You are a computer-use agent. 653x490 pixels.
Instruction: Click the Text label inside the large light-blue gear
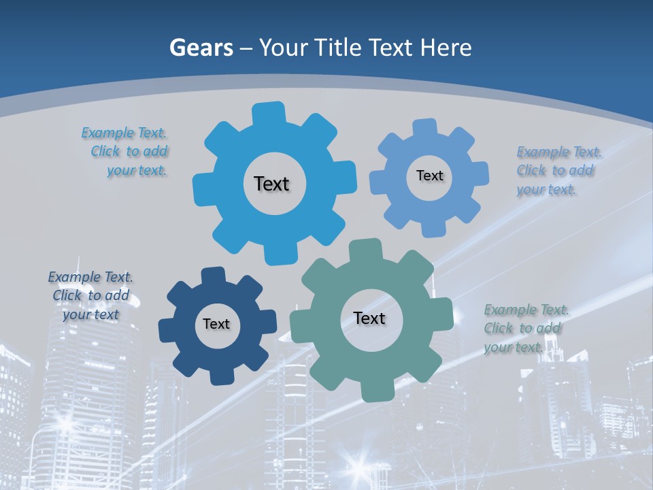pyautogui.click(x=271, y=184)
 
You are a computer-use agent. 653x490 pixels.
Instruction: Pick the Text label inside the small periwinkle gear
pyautogui.click(x=429, y=176)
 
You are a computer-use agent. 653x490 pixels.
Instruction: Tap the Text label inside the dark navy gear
pyautogui.click(x=216, y=324)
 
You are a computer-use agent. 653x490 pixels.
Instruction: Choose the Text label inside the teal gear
pyautogui.click(x=369, y=318)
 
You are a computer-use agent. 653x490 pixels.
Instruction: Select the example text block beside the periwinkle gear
pyautogui.click(x=559, y=170)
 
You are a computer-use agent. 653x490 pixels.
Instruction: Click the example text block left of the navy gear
pyautogui.click(x=90, y=295)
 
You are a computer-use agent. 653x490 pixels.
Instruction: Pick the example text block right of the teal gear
pyautogui.click(x=526, y=328)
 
